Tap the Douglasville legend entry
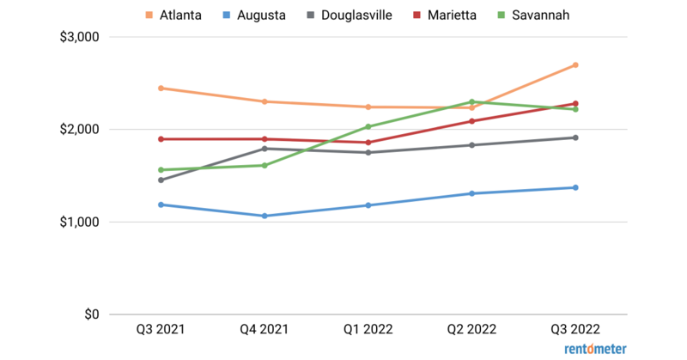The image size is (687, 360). click(x=349, y=15)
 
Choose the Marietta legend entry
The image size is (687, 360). click(x=448, y=15)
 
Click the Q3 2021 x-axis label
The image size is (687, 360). click(x=161, y=330)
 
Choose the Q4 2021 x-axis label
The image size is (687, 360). click(x=264, y=330)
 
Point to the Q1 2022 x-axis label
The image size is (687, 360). click(x=368, y=330)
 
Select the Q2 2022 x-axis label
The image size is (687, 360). click(x=471, y=330)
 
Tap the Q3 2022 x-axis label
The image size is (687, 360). click(x=575, y=330)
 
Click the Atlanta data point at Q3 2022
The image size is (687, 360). click(x=575, y=65)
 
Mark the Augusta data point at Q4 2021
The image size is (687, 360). click(x=264, y=216)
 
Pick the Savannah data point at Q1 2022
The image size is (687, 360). click(x=368, y=127)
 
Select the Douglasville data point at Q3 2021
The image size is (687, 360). click(x=161, y=180)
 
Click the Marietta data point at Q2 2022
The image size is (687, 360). click(x=471, y=121)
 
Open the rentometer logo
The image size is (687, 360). click(x=595, y=349)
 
